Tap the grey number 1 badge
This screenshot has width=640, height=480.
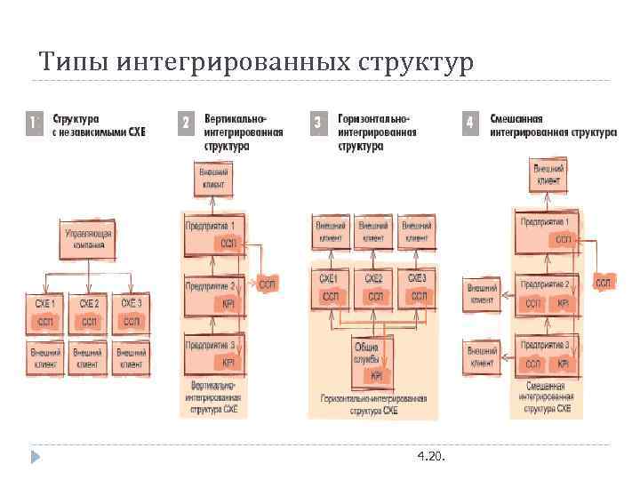[35, 123]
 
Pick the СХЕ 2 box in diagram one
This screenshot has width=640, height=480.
[89, 312]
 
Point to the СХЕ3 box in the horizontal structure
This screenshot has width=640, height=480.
[417, 287]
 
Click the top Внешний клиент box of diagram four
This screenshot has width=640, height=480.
[547, 174]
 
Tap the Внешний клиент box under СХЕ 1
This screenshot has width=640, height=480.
[45, 359]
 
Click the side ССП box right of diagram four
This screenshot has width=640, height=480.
[604, 283]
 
